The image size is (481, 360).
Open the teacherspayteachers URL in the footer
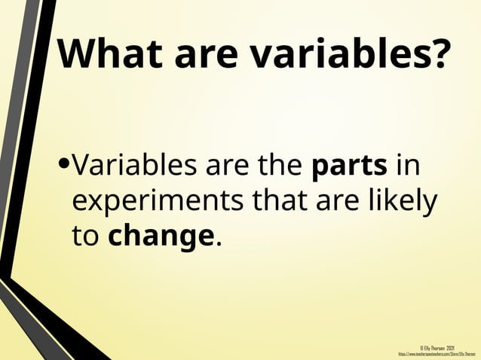point(437,353)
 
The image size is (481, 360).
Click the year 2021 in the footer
point(449,347)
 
